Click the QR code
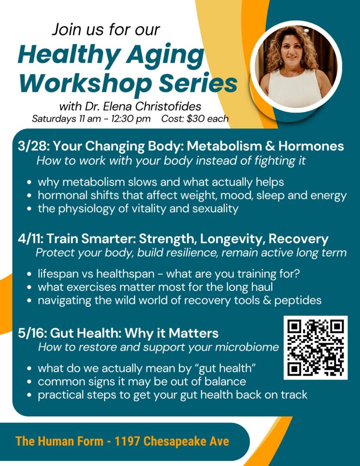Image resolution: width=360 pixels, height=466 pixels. pyautogui.click(x=315, y=348)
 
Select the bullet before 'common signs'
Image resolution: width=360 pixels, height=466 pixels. pyautogui.click(x=29, y=382)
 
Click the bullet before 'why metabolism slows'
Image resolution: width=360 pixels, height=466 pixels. pyautogui.click(x=29, y=183)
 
